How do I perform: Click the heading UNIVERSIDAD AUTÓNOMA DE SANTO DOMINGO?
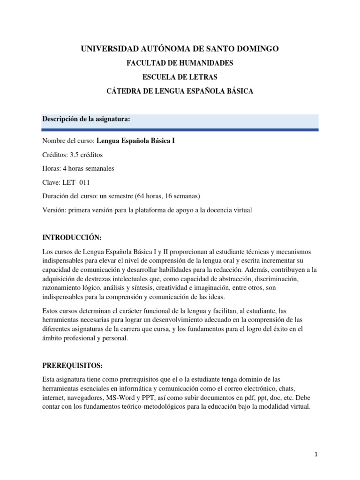coord(180,48)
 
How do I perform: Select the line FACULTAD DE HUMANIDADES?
coord(180,63)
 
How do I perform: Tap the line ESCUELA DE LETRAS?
coord(180,77)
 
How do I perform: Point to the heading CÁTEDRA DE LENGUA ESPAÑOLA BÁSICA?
coord(180,91)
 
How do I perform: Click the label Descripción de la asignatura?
coord(86,119)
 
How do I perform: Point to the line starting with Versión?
coord(147,210)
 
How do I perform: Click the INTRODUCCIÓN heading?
coord(72,239)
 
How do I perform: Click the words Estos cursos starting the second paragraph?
coord(60,310)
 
